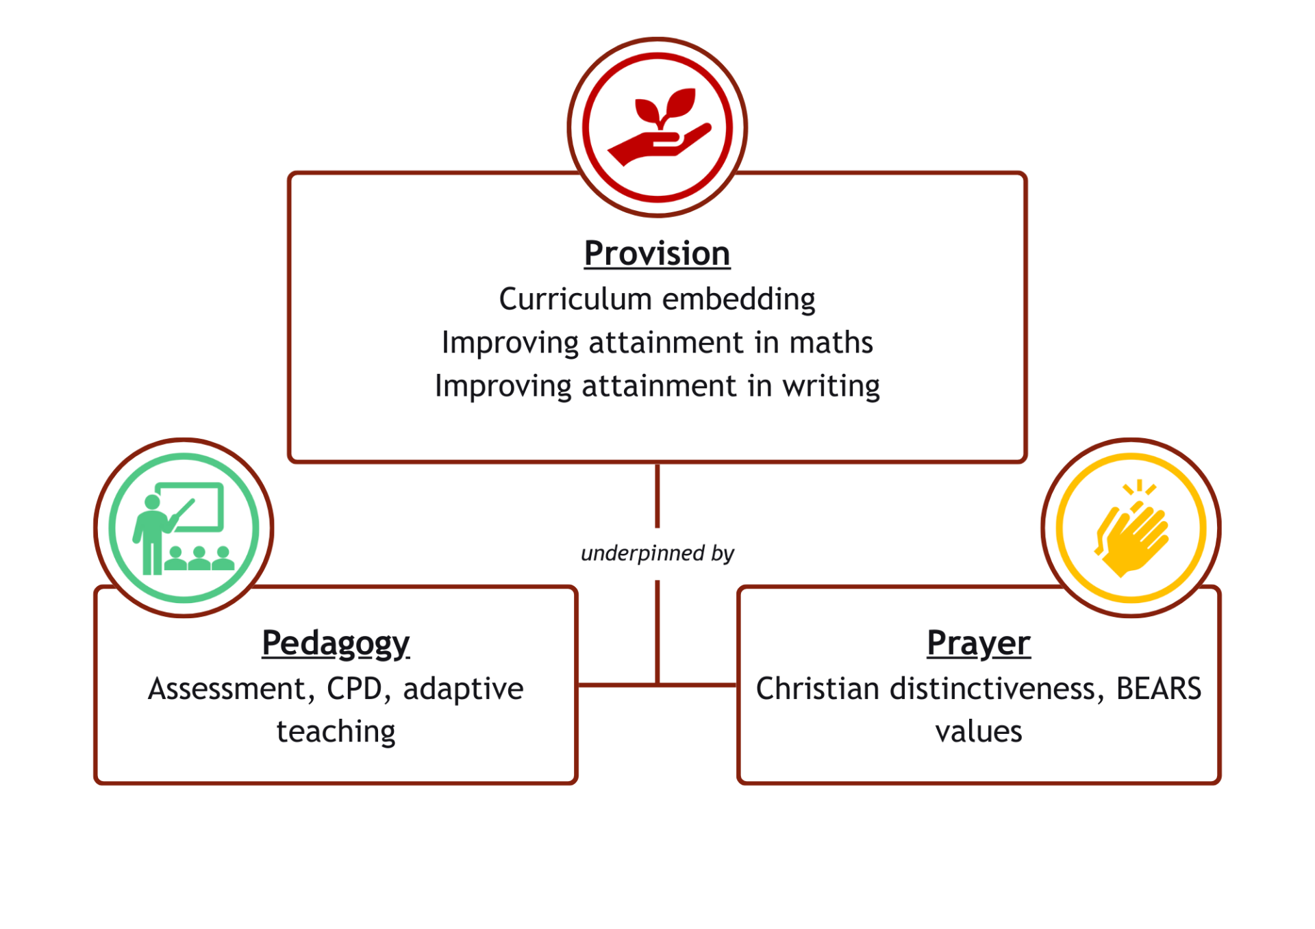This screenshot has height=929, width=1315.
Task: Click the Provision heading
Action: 657,253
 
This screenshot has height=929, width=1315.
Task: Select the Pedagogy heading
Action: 336,644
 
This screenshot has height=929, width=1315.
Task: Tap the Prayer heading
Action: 979,644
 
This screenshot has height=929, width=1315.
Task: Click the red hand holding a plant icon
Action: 659,127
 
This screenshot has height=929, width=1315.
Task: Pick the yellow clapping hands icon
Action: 1131,529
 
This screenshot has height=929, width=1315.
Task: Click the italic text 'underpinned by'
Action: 657,553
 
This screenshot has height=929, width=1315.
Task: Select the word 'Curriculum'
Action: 575,299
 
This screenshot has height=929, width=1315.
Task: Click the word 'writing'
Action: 831,387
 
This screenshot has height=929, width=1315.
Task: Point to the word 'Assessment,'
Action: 231,689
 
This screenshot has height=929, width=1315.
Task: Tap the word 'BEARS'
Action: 1159,689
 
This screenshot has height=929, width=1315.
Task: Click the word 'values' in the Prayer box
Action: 979,732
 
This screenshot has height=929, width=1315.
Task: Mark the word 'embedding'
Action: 739,300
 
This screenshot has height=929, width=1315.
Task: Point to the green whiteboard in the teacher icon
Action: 190,507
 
